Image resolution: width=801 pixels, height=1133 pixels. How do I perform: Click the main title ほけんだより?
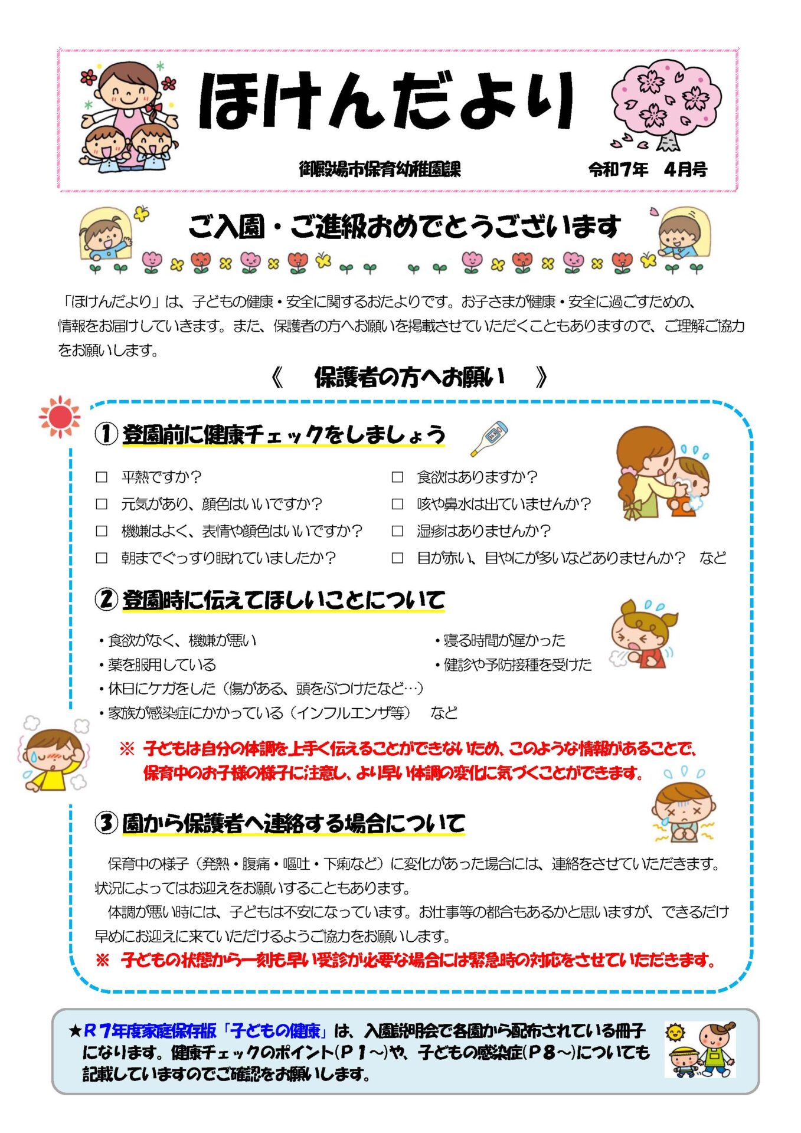[387, 100]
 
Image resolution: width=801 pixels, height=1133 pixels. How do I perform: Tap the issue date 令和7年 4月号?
[648, 170]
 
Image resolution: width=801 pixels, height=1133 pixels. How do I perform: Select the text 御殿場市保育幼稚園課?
[380, 169]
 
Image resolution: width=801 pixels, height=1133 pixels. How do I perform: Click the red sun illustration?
[60, 417]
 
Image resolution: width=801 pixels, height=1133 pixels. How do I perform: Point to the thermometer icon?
[489, 438]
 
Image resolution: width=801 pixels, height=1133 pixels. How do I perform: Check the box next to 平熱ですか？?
[102, 477]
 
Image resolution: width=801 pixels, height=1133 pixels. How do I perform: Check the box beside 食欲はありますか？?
[397, 477]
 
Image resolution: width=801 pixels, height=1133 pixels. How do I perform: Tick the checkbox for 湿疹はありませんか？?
[397, 531]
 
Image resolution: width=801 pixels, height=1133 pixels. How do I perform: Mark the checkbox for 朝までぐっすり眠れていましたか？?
[102, 558]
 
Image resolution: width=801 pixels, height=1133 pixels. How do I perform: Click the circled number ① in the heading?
[106, 434]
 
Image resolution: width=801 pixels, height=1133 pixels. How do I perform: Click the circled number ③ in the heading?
[106, 823]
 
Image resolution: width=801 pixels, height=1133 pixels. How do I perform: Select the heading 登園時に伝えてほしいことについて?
[283, 600]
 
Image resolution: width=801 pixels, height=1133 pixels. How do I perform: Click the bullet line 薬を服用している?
[157, 665]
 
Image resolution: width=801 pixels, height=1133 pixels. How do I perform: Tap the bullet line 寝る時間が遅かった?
[500, 640]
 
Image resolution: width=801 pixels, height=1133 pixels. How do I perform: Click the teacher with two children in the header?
[129, 116]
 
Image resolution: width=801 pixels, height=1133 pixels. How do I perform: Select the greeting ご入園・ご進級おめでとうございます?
[404, 227]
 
